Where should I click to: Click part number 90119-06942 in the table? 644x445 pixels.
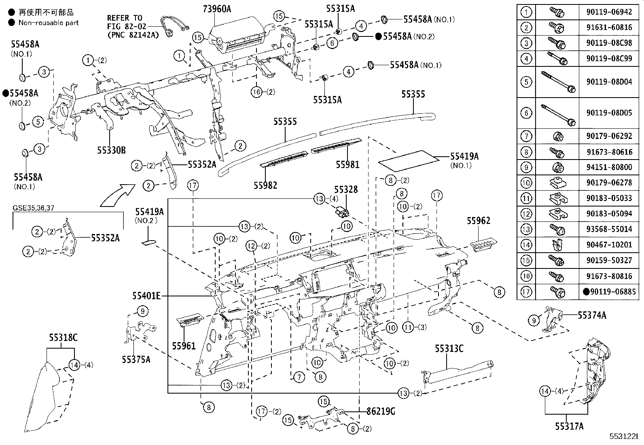[609, 12]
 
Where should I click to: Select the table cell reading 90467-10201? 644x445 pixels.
[609, 245]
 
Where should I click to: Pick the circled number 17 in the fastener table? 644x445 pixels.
[526, 291]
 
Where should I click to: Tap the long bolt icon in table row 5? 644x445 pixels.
[557, 82]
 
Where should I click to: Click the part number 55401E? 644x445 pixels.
[146, 296]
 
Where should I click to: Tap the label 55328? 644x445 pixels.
[345, 189]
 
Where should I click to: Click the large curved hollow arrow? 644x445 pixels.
[117, 195]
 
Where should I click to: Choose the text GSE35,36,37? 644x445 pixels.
[33, 208]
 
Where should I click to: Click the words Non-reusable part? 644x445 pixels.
[49, 23]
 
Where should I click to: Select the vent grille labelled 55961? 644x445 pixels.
[190, 321]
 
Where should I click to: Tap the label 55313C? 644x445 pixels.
[449, 348]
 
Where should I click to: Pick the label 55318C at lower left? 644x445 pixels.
[63, 337]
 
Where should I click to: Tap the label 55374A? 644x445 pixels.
[592, 315]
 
